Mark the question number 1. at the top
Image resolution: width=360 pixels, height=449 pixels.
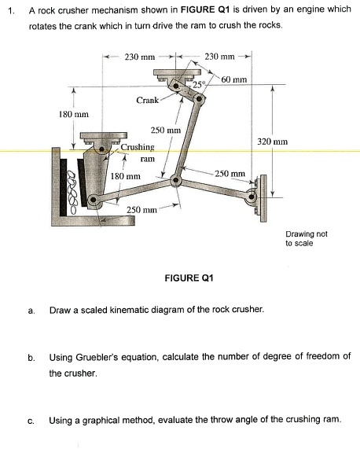(9, 10)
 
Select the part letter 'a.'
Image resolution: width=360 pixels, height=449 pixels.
(31, 311)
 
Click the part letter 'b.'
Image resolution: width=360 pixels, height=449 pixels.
(31, 358)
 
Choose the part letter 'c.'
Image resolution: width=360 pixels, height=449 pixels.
(31, 420)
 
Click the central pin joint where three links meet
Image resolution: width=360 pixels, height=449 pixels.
(176, 182)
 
